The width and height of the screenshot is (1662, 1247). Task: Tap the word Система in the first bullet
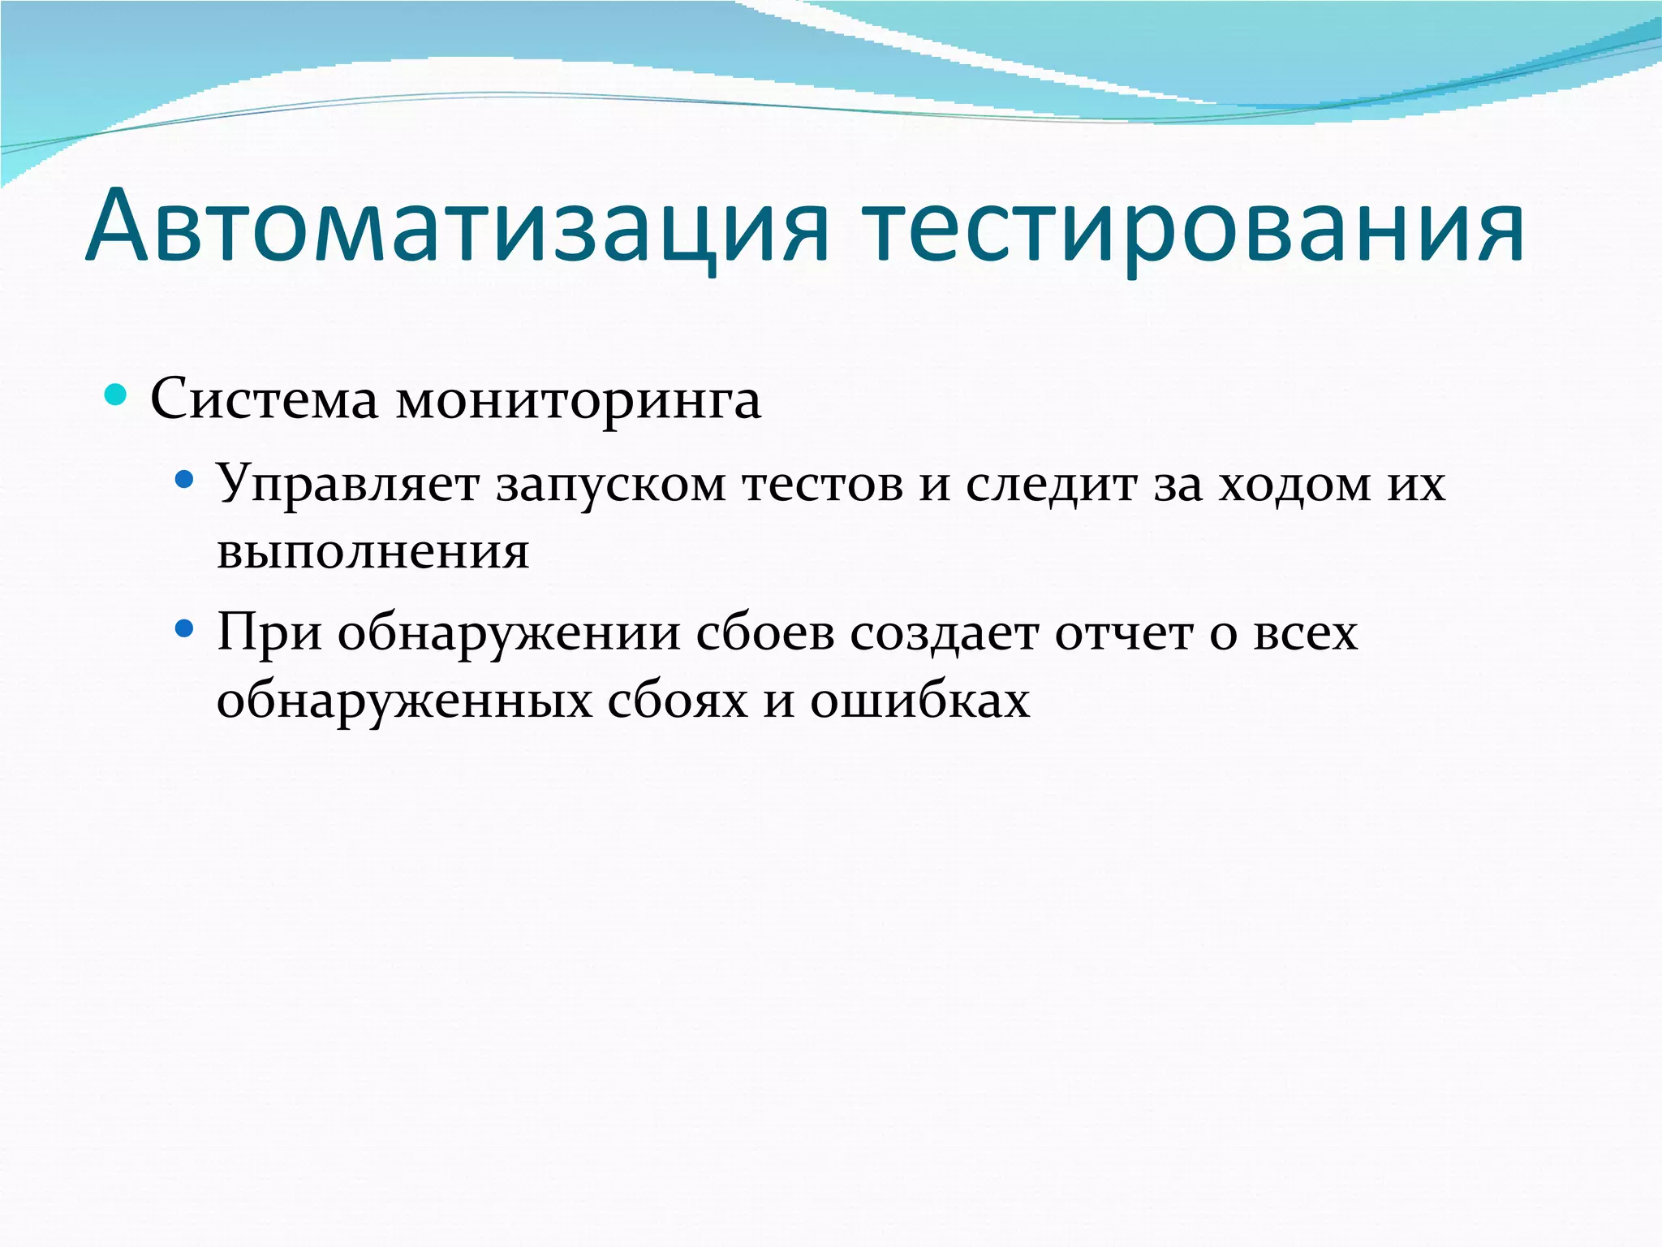click(265, 399)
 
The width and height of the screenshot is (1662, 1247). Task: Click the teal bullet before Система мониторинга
click(116, 395)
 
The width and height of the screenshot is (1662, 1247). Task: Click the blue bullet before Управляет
click(184, 480)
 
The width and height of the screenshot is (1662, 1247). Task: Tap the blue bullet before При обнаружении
click(184, 628)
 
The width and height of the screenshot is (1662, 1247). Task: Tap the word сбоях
click(678, 701)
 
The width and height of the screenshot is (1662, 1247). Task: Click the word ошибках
click(920, 701)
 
